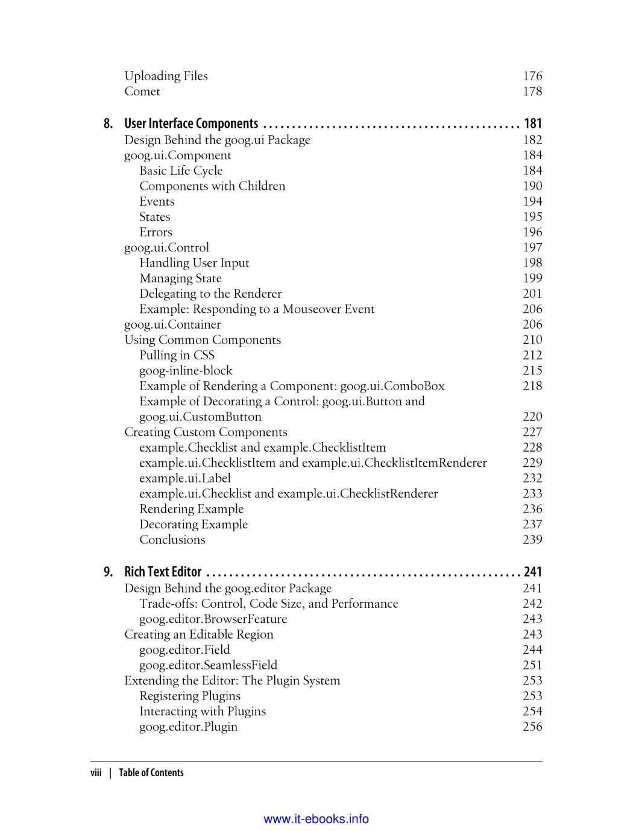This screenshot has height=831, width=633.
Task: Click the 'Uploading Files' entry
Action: (166, 76)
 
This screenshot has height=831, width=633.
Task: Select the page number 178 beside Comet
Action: (532, 92)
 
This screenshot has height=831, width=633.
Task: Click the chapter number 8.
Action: (108, 124)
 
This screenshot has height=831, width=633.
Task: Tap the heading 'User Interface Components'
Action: (191, 124)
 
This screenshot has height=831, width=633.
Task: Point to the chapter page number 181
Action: (533, 124)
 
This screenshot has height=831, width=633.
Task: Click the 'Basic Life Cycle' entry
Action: (181, 171)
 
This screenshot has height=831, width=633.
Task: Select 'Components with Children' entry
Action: (212, 186)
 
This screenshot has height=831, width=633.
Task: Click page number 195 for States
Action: (532, 217)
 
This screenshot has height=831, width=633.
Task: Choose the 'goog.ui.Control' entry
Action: (166, 248)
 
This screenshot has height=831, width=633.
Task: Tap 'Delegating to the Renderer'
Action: (210, 294)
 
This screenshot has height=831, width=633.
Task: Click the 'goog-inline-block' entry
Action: (186, 371)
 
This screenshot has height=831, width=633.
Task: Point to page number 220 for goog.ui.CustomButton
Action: (532, 417)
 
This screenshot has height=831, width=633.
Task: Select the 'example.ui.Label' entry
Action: (179, 478)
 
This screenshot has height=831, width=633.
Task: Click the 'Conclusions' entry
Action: (172, 540)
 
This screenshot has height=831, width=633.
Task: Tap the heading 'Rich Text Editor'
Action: (163, 572)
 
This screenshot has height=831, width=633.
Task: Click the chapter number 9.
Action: (108, 572)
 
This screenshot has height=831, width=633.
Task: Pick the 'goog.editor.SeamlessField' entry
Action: (208, 665)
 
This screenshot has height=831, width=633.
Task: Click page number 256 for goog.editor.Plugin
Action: (532, 727)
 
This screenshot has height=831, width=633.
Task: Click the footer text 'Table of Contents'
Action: (151, 773)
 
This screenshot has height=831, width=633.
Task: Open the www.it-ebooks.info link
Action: (316, 819)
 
